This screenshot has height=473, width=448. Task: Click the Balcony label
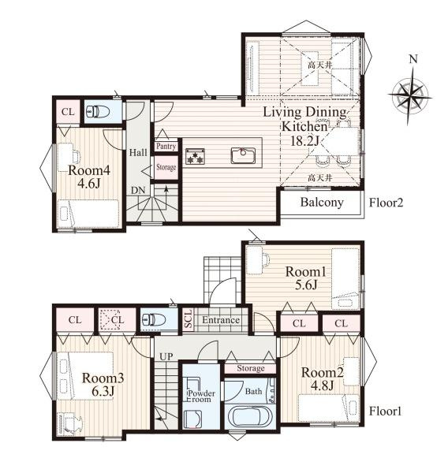322,202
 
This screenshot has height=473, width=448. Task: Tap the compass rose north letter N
413,59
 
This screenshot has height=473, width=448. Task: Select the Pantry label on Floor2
166,147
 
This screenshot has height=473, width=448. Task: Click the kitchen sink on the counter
243,155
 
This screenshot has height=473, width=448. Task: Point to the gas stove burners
195,156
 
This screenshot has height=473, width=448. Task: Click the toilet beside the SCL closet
154,319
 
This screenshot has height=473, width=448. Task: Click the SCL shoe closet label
188,319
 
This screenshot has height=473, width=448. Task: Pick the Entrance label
221,320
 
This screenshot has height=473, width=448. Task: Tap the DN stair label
138,190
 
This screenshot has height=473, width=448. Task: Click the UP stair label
166,357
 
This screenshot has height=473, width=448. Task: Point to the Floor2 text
386,203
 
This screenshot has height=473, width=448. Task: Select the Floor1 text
385,412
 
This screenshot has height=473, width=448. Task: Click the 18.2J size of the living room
304,140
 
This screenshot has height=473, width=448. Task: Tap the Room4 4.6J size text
89,183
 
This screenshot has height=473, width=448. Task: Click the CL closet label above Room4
68,112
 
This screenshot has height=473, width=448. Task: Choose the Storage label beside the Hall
166,167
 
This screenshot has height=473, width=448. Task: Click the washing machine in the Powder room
192,419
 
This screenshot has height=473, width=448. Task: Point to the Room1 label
305,272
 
